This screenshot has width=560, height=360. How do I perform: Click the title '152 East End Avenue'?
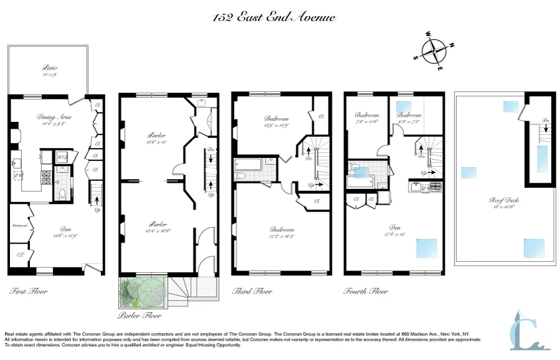(x=274, y=17)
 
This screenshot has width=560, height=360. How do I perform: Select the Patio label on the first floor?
(x=50, y=70)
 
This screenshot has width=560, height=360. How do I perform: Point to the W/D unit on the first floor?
(x=63, y=157)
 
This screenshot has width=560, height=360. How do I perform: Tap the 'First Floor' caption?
(x=29, y=291)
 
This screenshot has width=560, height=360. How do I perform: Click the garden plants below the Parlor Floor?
(x=141, y=293)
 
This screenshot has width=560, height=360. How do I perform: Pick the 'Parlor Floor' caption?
(x=140, y=315)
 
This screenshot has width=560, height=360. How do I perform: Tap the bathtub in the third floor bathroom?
(x=248, y=165)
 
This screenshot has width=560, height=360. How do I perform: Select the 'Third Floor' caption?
(x=251, y=291)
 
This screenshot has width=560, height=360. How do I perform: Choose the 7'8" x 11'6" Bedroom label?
(x=367, y=118)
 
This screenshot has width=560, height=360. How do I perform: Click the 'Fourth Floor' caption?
(x=366, y=291)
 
